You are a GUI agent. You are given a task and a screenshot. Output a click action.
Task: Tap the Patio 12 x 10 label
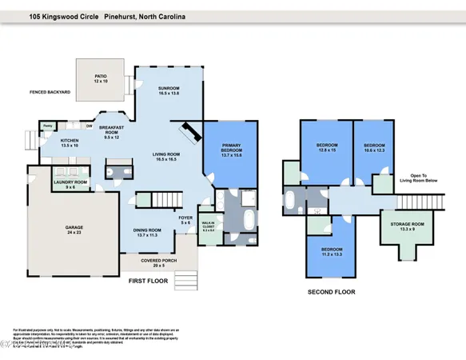pos(99,78)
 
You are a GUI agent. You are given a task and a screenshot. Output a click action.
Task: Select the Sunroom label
pos(168,91)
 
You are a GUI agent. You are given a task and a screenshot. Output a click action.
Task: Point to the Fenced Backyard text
pos(50,93)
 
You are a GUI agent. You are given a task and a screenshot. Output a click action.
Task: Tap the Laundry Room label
pos(70,184)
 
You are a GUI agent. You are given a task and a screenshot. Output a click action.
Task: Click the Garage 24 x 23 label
pos(74,229)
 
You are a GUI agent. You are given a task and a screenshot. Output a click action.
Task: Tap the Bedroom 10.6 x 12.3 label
pos(374,147)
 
